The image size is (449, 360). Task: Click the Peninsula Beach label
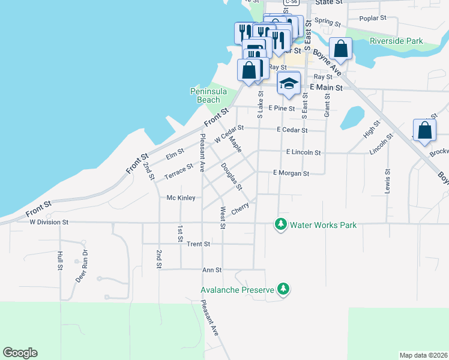206,95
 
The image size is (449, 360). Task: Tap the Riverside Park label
396,41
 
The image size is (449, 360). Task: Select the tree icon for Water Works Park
280,224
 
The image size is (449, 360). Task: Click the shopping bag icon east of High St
424,131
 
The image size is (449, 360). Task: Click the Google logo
20,353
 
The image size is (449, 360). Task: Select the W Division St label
49,221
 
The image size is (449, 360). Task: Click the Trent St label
198,244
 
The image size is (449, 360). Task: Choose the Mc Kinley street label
181,197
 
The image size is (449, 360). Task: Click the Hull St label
60,262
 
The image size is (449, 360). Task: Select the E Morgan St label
291,173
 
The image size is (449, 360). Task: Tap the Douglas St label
231,176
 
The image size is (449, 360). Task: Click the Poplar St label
374,18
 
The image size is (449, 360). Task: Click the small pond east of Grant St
352,118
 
